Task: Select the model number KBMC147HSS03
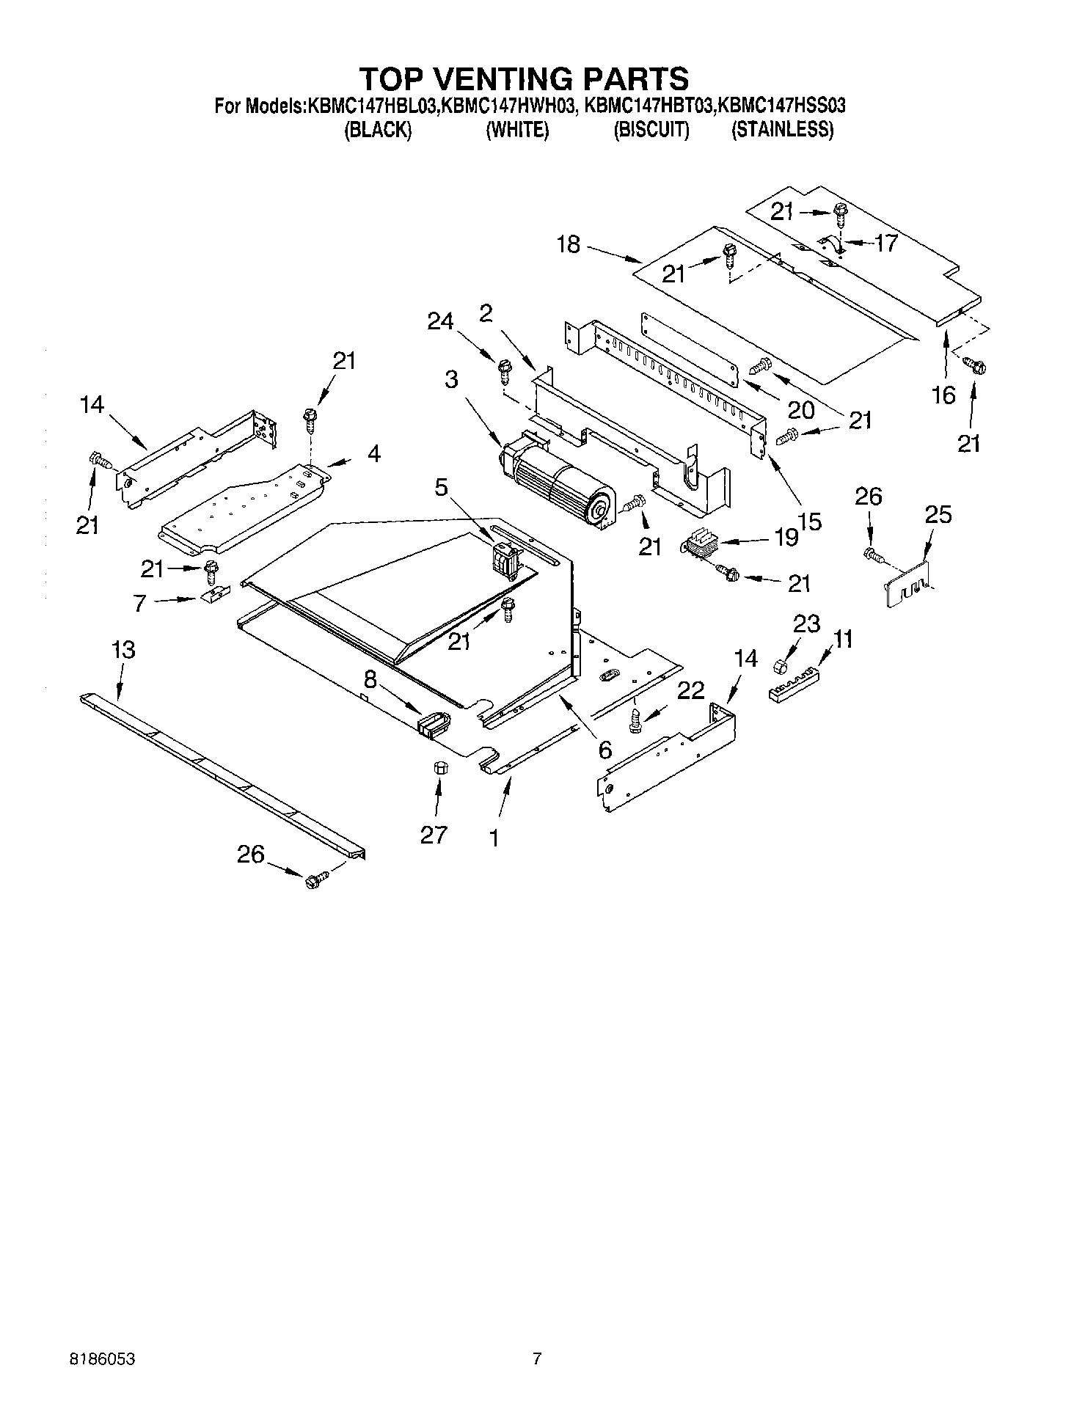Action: tap(781, 106)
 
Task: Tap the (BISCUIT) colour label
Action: tap(651, 130)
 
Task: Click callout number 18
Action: tap(568, 244)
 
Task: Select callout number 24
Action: tap(440, 321)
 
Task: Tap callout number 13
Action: tap(123, 650)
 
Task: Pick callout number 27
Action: tap(433, 835)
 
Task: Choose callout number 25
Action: tap(938, 515)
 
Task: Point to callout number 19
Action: tap(786, 538)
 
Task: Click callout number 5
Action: tap(441, 488)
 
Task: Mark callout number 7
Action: tap(139, 603)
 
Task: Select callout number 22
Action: tap(690, 690)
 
